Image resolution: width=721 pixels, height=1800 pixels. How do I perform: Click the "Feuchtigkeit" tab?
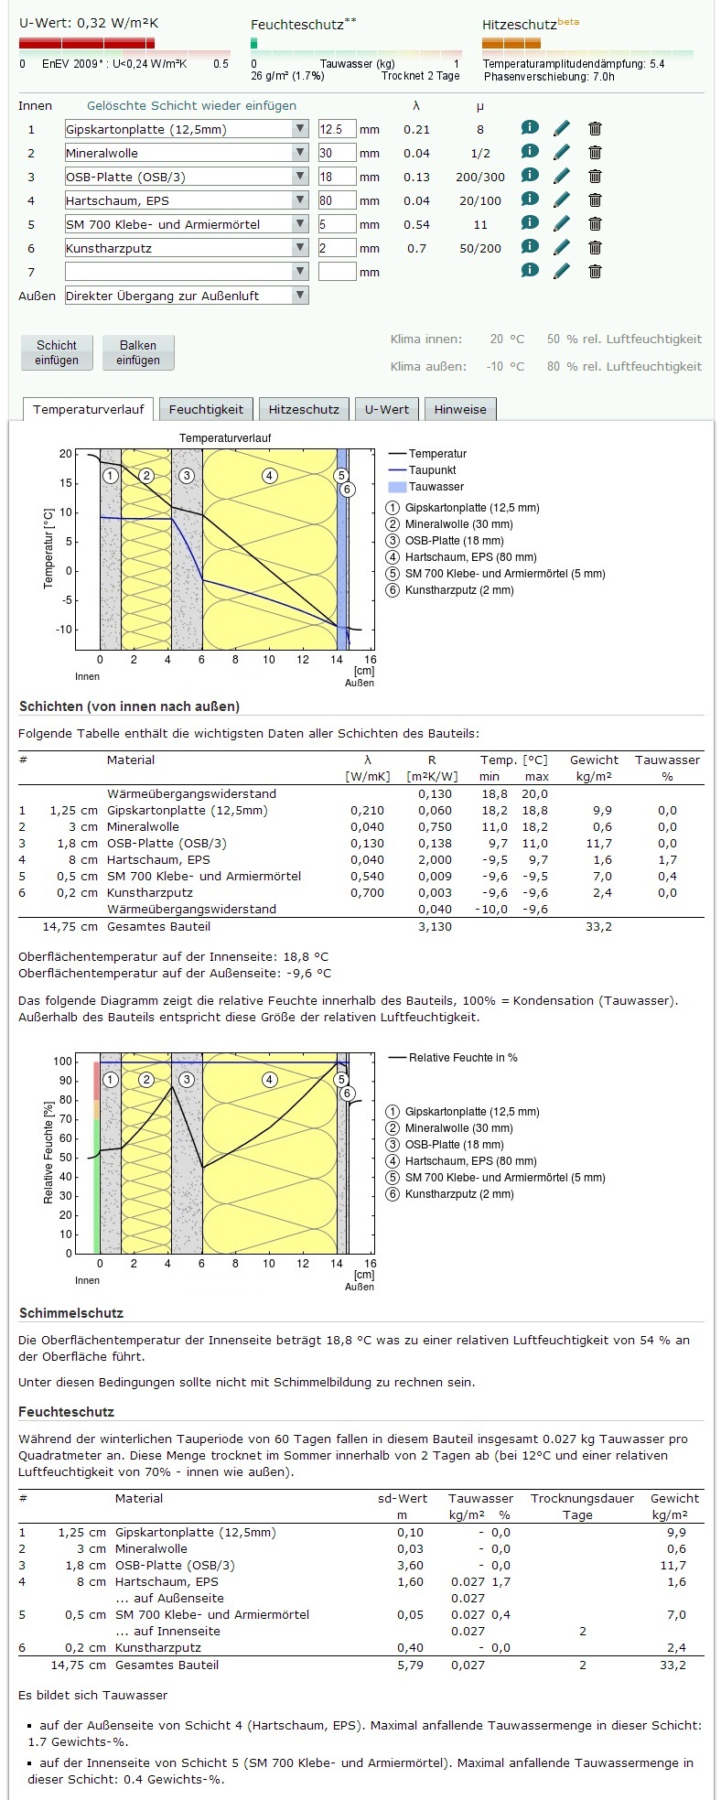206,409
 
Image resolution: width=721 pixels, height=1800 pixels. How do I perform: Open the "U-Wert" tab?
387,409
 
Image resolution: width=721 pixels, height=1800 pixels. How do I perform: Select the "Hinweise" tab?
460,409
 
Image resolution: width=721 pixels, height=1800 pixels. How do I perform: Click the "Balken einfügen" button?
137,352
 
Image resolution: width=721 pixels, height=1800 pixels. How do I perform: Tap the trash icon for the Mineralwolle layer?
595,153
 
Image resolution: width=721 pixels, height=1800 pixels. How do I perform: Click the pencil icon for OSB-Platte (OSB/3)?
562,176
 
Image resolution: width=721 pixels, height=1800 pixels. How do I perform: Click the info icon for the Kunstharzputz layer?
530,246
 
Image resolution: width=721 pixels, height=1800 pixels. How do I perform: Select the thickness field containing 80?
336,200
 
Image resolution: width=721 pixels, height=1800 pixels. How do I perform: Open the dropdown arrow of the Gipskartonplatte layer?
300,129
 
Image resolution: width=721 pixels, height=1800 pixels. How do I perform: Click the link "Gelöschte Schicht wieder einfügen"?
191,105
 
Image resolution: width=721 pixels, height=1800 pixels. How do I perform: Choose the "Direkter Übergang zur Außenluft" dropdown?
187,296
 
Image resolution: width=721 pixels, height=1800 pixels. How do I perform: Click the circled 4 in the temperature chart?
269,475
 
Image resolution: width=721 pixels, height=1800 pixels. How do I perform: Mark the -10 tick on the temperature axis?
64,630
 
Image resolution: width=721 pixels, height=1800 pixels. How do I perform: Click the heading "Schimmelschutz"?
71,1313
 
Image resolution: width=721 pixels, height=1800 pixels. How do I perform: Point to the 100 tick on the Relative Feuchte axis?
62,1062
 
